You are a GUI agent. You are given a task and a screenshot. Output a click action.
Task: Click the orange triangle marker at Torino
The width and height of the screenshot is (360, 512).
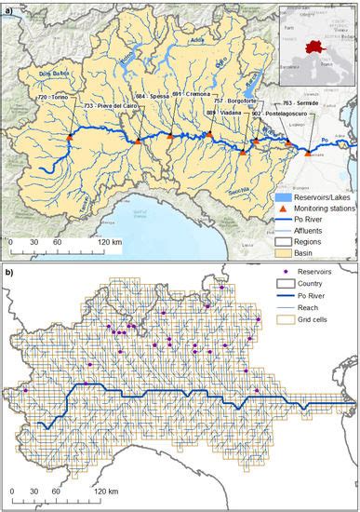69,139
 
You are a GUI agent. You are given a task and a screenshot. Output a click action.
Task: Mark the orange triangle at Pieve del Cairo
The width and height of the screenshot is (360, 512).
138,141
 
